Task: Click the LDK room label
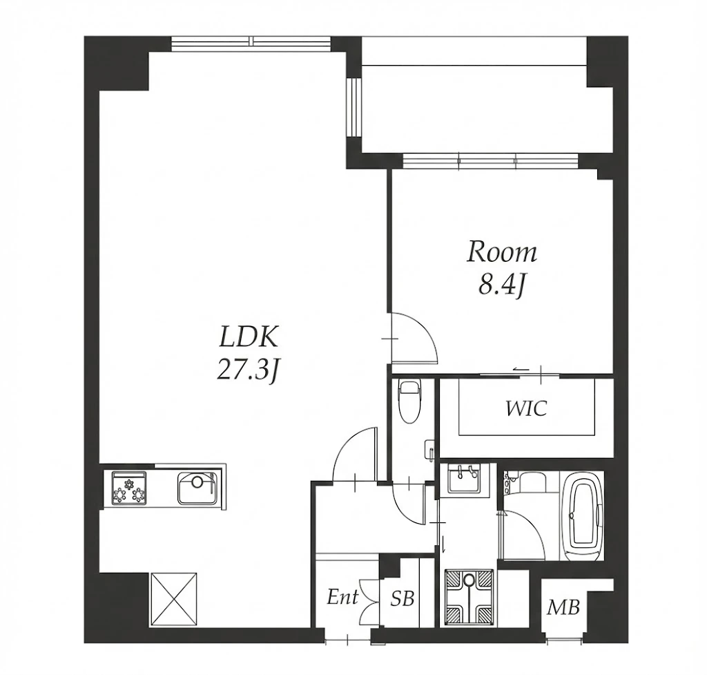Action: click(249, 336)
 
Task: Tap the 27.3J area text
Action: click(249, 371)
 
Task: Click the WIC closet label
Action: click(527, 409)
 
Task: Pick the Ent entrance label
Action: click(342, 598)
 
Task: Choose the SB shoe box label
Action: click(403, 599)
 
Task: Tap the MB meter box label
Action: click(563, 607)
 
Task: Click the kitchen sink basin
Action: click(197, 488)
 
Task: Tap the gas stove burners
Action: click(129, 488)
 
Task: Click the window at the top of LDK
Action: click(251, 41)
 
